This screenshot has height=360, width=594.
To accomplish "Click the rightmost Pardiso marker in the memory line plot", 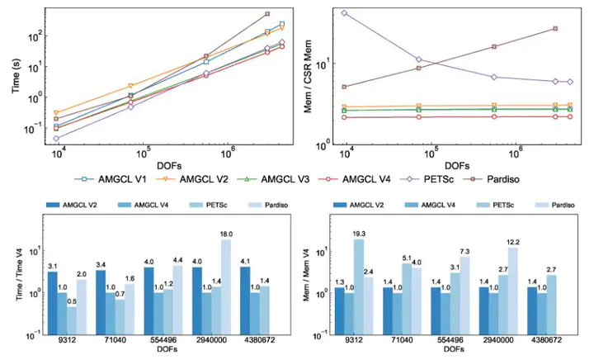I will pos(555,28).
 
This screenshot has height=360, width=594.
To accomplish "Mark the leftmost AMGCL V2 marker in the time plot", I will pos(56,113).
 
